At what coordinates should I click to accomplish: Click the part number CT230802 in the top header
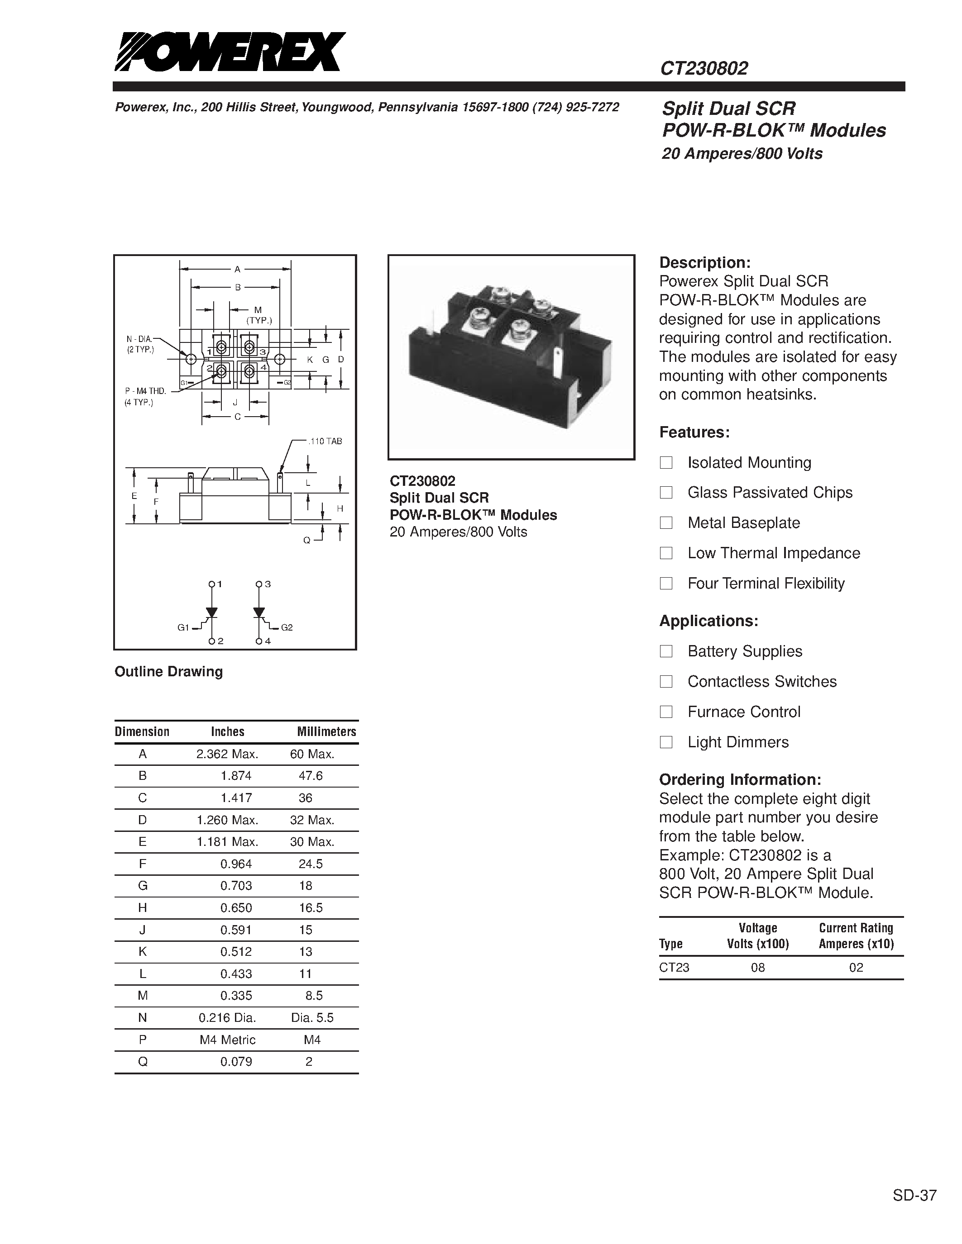[704, 69]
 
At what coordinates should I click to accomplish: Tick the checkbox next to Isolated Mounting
[665, 462]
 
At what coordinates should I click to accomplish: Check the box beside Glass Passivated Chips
[665, 493]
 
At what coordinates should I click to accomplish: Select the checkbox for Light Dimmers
[665, 742]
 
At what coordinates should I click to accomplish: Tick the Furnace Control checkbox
[665, 712]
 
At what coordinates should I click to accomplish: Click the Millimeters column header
[326, 731]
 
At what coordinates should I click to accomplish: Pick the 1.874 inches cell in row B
[236, 776]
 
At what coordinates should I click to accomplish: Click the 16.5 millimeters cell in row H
[311, 908]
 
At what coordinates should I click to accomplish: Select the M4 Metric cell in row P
[227, 1040]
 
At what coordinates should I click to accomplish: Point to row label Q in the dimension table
[143, 1062]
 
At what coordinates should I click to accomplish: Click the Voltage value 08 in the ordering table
[757, 967]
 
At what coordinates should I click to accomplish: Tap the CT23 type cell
[674, 967]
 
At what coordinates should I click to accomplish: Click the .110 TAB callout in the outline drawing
[325, 442]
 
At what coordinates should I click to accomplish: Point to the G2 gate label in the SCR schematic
[287, 628]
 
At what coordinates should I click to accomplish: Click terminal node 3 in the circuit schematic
[259, 584]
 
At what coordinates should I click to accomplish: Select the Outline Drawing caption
[169, 672]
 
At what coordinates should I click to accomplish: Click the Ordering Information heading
[740, 780]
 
